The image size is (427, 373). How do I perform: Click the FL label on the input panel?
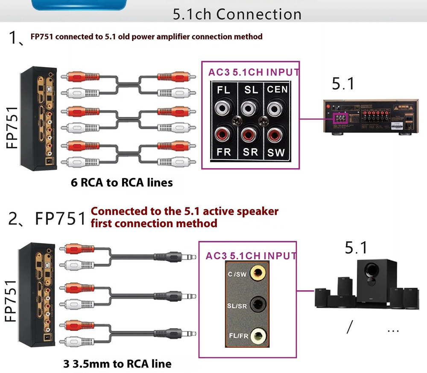223,90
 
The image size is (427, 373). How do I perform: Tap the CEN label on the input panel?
277,90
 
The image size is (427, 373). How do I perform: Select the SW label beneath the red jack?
276,152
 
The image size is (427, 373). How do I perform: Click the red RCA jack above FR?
223,134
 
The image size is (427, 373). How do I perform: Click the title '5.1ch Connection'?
237,14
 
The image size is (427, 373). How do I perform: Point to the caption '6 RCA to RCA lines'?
122,183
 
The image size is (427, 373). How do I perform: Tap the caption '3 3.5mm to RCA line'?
117,364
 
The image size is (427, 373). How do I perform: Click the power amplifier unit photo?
371,118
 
